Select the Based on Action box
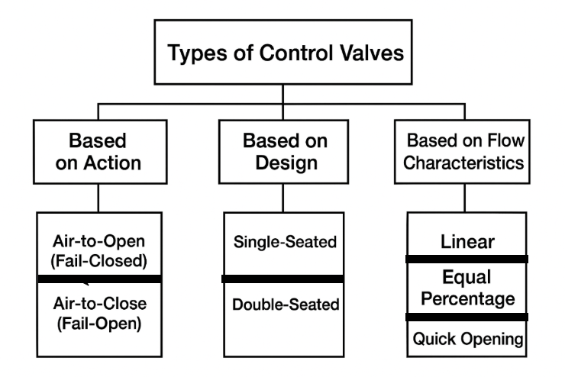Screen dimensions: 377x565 click(x=98, y=153)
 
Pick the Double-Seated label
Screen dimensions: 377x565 click(x=283, y=305)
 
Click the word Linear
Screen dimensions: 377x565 click(x=467, y=241)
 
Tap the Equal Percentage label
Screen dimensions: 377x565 click(x=467, y=288)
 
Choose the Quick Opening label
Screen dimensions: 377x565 click(x=467, y=337)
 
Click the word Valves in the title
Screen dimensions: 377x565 click(x=366, y=54)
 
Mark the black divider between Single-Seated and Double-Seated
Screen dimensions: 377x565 click(x=283, y=279)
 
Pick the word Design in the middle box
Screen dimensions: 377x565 click(x=283, y=163)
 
